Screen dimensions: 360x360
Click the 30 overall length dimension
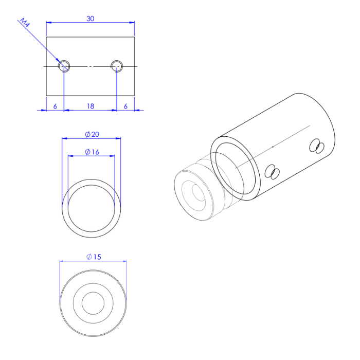click(x=91, y=19)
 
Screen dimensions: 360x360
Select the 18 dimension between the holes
click(x=91, y=106)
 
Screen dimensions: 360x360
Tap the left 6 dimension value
click(x=55, y=106)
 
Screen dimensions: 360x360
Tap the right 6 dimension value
click(x=125, y=106)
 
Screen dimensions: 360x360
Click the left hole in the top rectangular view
click(x=64, y=65)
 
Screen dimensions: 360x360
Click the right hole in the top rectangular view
click(x=117, y=65)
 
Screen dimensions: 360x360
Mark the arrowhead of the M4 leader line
click(x=60, y=62)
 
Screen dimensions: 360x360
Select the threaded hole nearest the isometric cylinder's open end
click(x=272, y=172)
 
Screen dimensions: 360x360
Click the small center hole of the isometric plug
click(x=197, y=194)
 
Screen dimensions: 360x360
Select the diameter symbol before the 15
click(x=89, y=257)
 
